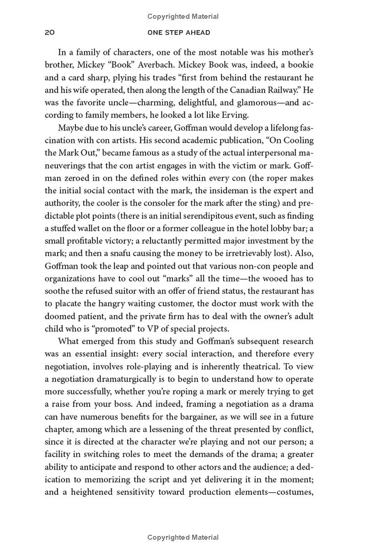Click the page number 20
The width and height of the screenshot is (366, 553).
50,33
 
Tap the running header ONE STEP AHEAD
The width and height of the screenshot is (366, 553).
179,33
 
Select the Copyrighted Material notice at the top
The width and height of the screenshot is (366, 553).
183,16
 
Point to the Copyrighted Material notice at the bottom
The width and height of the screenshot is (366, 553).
183,537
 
